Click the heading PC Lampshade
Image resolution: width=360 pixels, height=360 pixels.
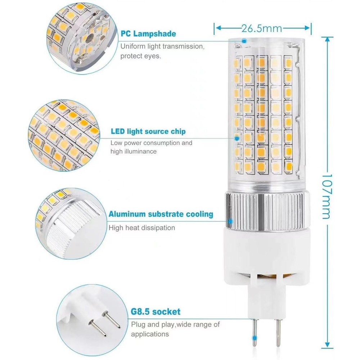coord(148,34)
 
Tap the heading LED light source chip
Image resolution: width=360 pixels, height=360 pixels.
coord(148,131)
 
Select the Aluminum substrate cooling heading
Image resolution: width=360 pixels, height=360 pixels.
coord(161,214)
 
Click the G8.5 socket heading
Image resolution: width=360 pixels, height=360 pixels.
coord(156,311)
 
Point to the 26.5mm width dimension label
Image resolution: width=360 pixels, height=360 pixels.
coord(261,28)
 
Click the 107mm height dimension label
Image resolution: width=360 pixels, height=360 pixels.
coord(327,196)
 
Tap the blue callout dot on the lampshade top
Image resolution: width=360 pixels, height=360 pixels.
coord(244,41)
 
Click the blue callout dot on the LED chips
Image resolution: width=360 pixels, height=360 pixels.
coord(237,139)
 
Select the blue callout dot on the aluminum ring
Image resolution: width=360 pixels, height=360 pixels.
coord(231,221)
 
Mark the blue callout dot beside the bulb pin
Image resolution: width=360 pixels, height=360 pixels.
coord(254,338)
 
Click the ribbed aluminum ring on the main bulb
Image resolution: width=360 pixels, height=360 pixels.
coord(268,211)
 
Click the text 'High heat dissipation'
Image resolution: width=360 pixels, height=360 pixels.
coord(141,228)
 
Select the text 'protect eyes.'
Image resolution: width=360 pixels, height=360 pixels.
coord(140,56)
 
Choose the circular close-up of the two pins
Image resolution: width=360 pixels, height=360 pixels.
coord(92,320)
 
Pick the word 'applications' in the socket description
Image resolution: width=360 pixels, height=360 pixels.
coord(150,334)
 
